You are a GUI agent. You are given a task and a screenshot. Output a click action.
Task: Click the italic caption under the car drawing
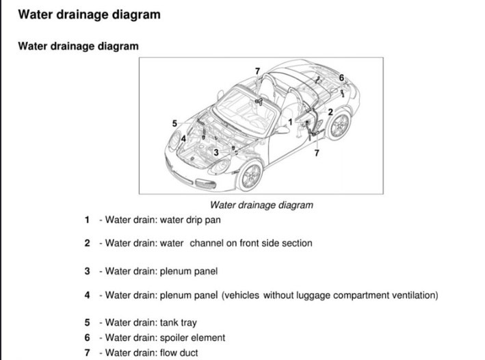pyautogui.click(x=261, y=205)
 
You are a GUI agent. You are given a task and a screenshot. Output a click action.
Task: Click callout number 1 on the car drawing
pyautogui.click(x=291, y=121)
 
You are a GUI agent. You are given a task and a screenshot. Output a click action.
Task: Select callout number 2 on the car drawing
pyautogui.click(x=330, y=112)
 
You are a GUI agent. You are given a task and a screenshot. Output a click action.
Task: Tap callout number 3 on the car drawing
pyautogui.click(x=215, y=153)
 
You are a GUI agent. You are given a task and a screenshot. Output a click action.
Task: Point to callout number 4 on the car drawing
pyautogui.click(x=183, y=139)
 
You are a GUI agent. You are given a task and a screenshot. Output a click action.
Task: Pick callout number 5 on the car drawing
pyautogui.click(x=174, y=123)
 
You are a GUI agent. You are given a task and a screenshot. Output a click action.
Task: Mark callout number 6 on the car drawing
pyautogui.click(x=343, y=77)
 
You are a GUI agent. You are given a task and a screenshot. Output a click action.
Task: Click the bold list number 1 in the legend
pyautogui.click(x=87, y=220)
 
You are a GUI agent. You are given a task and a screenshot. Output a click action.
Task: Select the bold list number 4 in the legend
pyautogui.click(x=87, y=296)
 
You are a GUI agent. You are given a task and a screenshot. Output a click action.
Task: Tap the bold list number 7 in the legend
pyautogui.click(x=87, y=353)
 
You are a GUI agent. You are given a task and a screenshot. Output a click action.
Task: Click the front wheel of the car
pyautogui.click(x=250, y=176)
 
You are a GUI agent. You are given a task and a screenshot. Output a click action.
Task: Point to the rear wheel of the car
pyautogui.click(x=338, y=126)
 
